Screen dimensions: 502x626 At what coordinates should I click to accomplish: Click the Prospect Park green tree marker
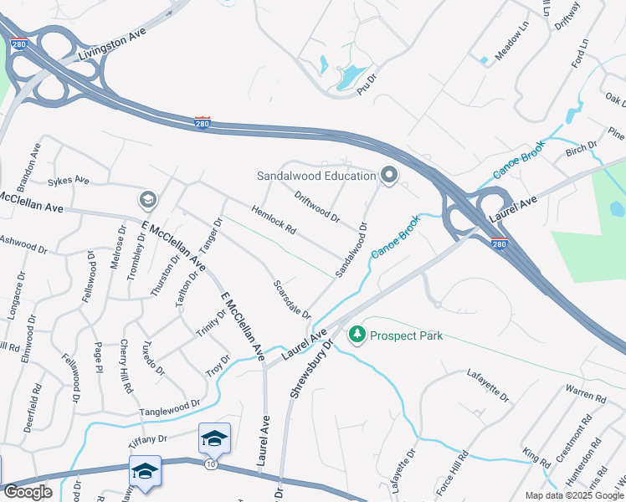[x=357, y=335]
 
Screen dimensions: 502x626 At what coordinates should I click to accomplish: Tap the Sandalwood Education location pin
[x=388, y=176]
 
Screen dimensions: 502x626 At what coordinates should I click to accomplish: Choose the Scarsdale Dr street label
[x=292, y=299]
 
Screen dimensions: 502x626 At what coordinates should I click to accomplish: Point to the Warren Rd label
[x=585, y=393]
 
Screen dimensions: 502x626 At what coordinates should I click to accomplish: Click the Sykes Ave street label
[x=68, y=180]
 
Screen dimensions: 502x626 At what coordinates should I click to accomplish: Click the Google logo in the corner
[x=28, y=492]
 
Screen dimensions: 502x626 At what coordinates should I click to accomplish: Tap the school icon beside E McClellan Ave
[x=147, y=199]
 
